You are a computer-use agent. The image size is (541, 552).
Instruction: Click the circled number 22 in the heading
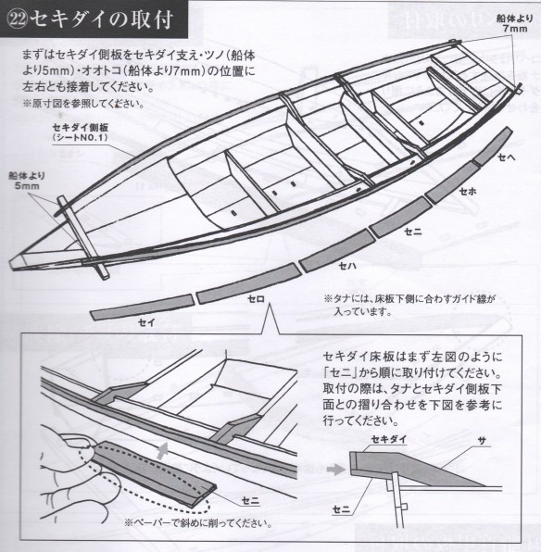[18, 19]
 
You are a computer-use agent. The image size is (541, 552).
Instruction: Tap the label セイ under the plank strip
[146, 322]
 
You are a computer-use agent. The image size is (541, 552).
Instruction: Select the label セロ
[256, 299]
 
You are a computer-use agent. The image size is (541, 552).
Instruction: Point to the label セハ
[347, 266]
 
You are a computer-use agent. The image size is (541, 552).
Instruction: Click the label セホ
[468, 191]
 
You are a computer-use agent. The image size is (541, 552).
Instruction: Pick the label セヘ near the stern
[507, 157]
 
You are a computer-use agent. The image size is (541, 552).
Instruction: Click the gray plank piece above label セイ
[143, 307]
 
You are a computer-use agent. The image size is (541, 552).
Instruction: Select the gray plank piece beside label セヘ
[493, 146]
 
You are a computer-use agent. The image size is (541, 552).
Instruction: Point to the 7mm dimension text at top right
[515, 28]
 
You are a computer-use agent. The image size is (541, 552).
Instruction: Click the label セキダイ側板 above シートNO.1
[81, 127]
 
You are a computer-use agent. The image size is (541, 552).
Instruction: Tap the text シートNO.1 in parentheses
[80, 137]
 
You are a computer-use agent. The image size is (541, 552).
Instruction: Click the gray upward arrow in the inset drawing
[162, 451]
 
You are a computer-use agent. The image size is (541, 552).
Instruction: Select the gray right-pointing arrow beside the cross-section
[335, 470]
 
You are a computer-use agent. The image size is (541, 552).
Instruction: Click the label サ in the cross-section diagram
[482, 441]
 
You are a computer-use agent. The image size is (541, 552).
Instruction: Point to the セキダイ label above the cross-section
[389, 439]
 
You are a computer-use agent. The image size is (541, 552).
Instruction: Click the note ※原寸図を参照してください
[83, 104]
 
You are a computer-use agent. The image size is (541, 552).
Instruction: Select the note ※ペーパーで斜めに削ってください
[198, 523]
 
